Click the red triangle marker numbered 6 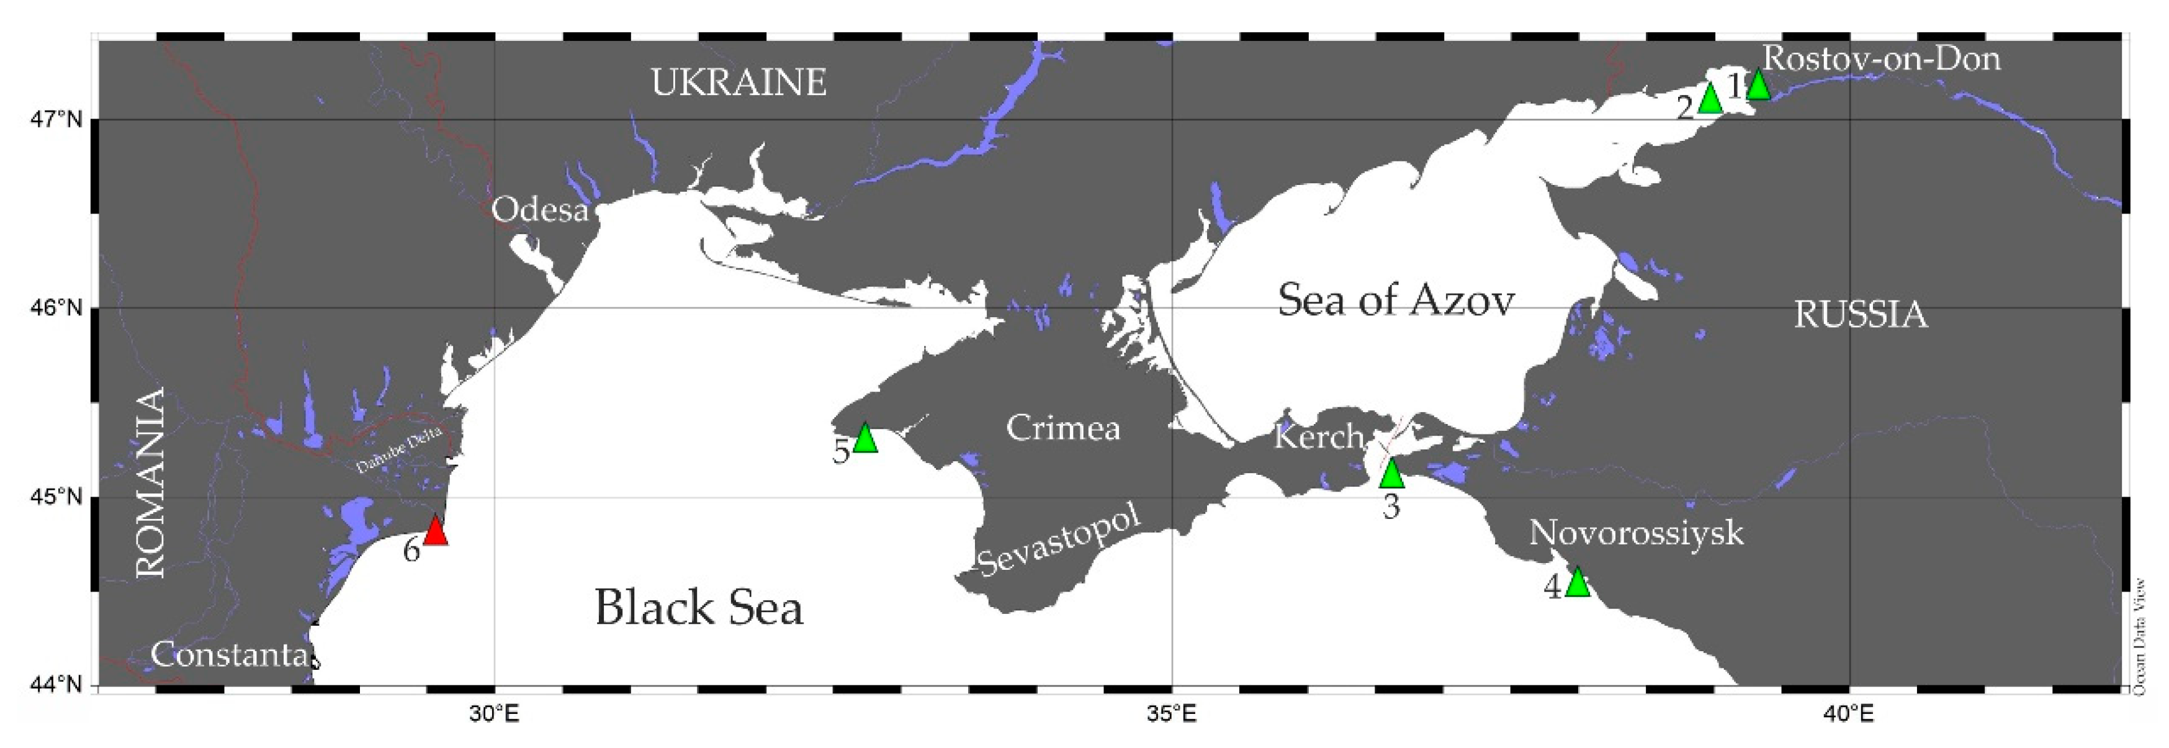[x=435, y=531]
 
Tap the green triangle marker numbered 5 [x=864, y=439]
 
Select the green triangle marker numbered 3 [x=1392, y=474]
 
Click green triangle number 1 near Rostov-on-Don [x=1758, y=86]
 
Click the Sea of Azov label [x=1396, y=300]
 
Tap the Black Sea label [x=699, y=607]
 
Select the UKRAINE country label [x=739, y=83]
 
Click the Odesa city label [x=540, y=209]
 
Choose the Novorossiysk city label [x=1636, y=533]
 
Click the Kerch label [x=1318, y=436]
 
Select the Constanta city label [x=228, y=654]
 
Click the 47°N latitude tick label [x=56, y=120]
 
